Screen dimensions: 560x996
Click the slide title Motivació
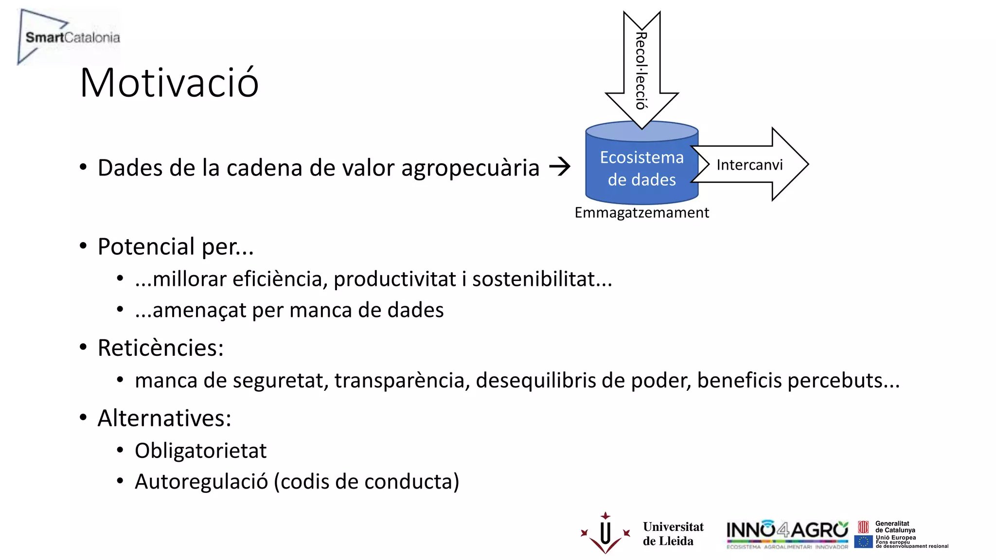pyautogui.click(x=169, y=83)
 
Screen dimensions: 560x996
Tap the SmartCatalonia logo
pyautogui.click(x=69, y=37)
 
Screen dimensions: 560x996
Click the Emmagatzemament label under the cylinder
pyautogui.click(x=641, y=213)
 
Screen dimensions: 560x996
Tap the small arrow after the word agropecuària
pyautogui.click(x=559, y=167)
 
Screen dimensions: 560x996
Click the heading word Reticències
pyautogui.click(x=160, y=348)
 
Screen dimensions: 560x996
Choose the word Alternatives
pyautogui.click(x=164, y=418)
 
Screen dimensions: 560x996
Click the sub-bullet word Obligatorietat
pyautogui.click(x=200, y=451)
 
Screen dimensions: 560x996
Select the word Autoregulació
pyautogui.click(x=201, y=482)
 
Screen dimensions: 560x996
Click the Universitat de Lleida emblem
pyautogui.click(x=605, y=533)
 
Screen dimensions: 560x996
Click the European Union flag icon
pyautogui.click(x=863, y=542)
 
